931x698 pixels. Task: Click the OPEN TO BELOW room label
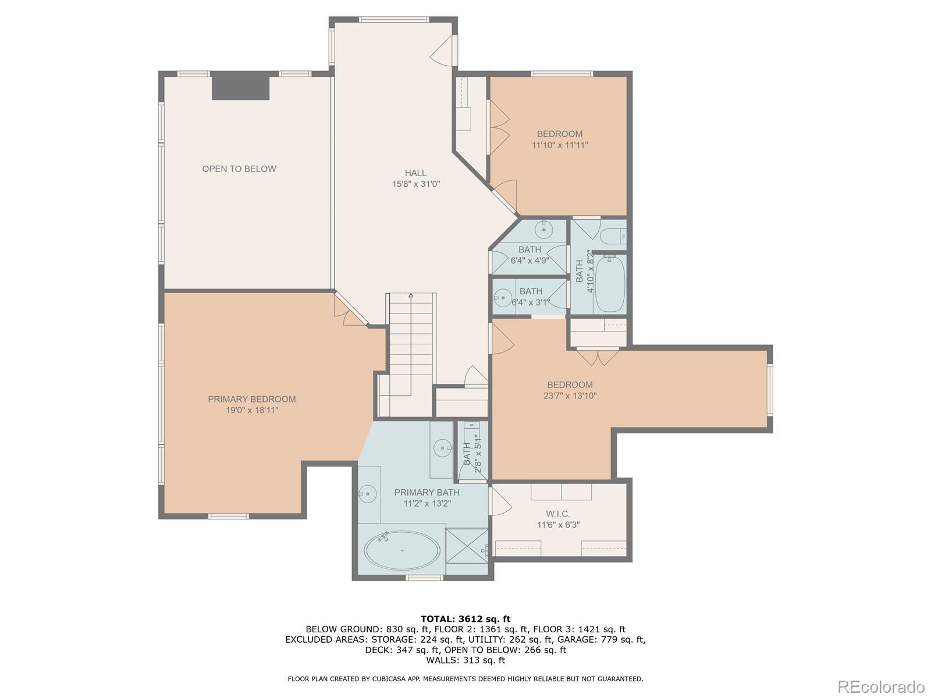tap(239, 169)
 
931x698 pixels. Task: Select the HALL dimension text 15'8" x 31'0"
tap(415, 184)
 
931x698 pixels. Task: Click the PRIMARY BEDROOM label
tap(251, 399)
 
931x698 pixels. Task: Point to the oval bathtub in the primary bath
tap(402, 550)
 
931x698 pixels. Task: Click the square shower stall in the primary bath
tap(467, 551)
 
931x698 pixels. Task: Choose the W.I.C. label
tap(558, 514)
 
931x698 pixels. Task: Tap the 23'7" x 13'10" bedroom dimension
tap(570, 396)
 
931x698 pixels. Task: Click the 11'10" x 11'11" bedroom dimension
tap(559, 145)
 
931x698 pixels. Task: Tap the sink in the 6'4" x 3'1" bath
tap(502, 297)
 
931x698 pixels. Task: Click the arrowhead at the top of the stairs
tap(411, 295)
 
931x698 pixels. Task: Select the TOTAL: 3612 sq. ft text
tap(465, 619)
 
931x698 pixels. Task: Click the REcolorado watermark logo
tap(882, 686)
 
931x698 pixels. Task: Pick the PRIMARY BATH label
tap(427, 492)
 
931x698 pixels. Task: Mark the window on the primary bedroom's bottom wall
tap(228, 516)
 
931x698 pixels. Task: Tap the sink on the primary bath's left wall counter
tap(368, 494)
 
